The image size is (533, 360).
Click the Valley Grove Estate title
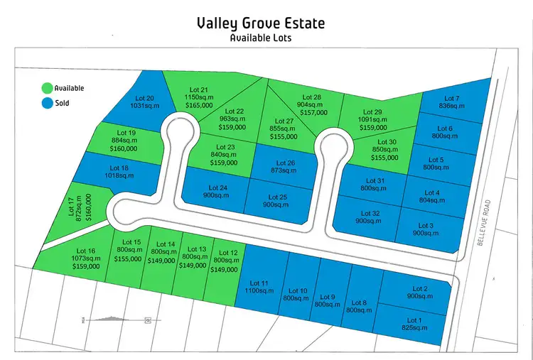click(x=261, y=23)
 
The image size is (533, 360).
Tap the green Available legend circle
click(x=47, y=89)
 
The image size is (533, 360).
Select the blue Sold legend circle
click(x=47, y=103)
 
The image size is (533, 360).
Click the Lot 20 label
click(x=144, y=98)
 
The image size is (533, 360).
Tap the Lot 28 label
click(x=312, y=97)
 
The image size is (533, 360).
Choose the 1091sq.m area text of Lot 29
click(x=372, y=120)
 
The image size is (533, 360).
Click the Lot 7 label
click(x=452, y=98)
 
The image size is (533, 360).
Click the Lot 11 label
click(x=260, y=284)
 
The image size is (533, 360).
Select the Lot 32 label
click(x=370, y=213)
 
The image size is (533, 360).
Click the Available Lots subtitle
click(x=261, y=38)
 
